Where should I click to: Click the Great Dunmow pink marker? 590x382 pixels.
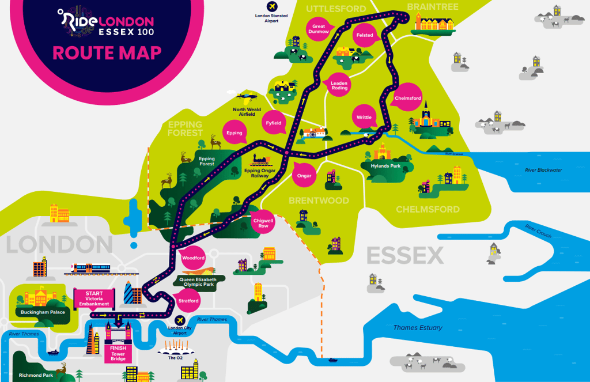coord(319,29)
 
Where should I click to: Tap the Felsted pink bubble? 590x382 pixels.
coord(365,35)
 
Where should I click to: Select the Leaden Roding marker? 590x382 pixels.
coord(339,85)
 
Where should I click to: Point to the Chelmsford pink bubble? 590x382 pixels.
coord(407,99)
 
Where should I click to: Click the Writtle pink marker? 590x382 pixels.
coord(364,118)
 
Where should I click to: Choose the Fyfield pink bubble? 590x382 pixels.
coord(273,123)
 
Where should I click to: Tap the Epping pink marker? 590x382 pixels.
coord(235,133)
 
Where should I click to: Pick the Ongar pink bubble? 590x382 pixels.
coord(304,176)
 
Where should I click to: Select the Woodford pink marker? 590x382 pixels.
coord(194,258)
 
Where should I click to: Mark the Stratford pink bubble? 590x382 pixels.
coord(189,301)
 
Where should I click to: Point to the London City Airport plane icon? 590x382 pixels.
coord(179,320)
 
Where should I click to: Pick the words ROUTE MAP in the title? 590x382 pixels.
coord(107,53)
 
